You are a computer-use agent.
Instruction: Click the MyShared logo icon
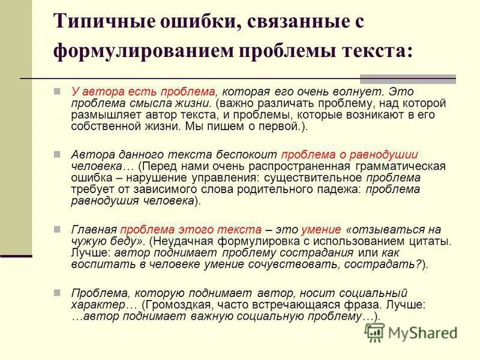(x=375, y=332)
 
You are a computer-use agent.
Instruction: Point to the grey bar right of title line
(x=407, y=79)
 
